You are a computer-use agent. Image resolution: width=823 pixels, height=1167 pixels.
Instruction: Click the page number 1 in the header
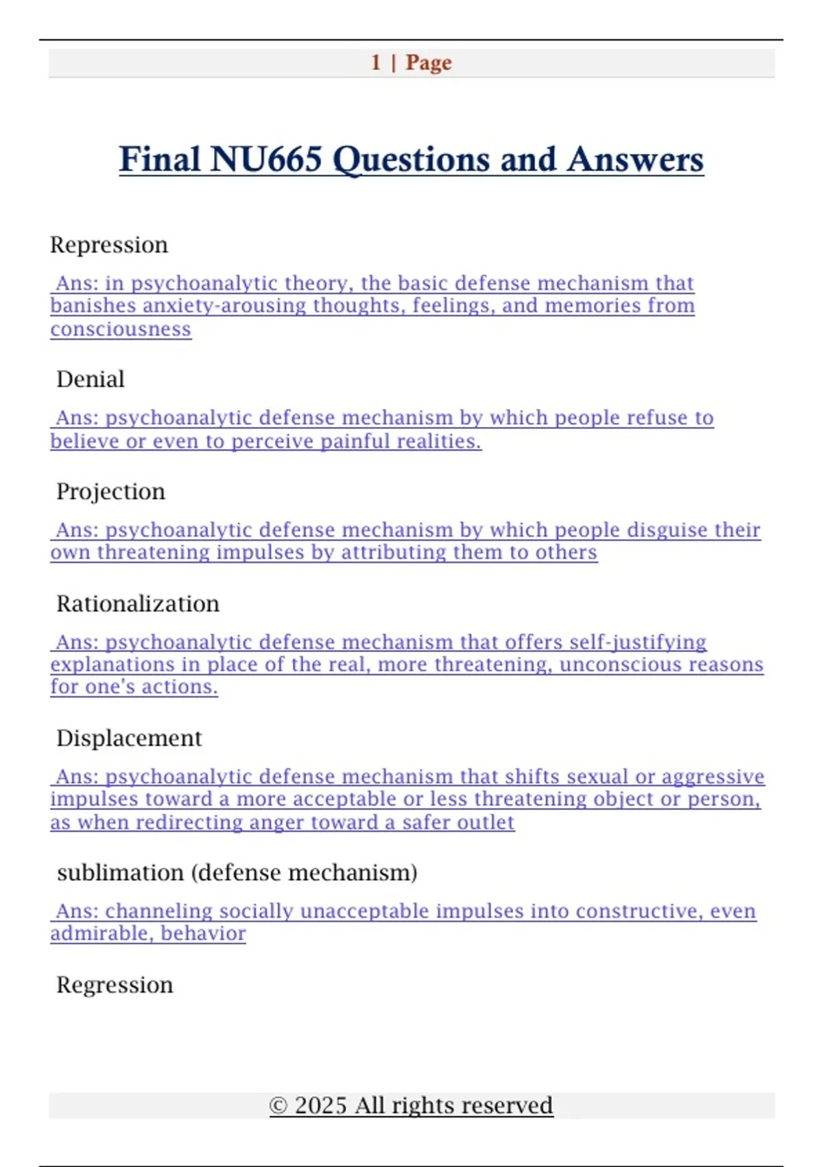[x=376, y=62]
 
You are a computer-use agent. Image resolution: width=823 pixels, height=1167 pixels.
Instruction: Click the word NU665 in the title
[x=266, y=159]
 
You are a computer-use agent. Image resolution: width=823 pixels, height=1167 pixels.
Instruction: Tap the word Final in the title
[x=160, y=159]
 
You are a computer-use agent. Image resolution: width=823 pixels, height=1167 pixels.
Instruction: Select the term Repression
[x=109, y=245]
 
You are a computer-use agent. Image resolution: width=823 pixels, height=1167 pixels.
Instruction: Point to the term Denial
[x=91, y=380]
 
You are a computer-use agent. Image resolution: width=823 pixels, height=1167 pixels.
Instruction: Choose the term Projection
[x=110, y=492]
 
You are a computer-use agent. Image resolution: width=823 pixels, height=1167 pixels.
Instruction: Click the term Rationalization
[x=138, y=604]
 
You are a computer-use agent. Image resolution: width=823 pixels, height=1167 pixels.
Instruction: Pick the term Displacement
[x=129, y=739]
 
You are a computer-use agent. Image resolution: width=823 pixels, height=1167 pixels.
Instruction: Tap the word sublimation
[x=121, y=873]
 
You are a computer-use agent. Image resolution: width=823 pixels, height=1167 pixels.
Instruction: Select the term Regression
[x=115, y=985]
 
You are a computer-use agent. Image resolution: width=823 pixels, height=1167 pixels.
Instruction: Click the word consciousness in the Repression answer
[x=121, y=330]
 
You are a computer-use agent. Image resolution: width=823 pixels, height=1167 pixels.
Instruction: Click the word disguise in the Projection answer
[x=667, y=530]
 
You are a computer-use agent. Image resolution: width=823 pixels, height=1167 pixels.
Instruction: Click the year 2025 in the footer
[x=320, y=1106]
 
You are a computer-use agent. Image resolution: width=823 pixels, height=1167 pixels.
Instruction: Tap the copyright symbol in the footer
[x=278, y=1106]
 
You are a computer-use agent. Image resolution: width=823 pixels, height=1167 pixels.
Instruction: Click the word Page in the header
[x=429, y=62]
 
